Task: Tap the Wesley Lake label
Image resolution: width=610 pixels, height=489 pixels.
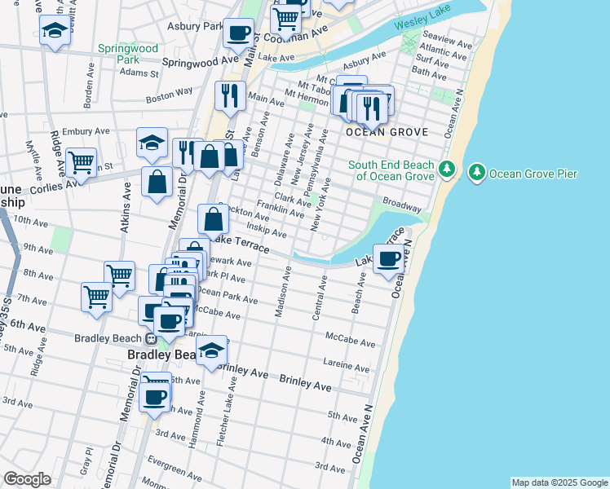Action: [422, 25]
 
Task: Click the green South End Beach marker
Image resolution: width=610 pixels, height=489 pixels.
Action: [447, 170]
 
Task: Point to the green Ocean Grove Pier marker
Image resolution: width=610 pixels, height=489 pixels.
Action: [476, 172]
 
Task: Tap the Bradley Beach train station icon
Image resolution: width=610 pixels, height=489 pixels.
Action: [151, 338]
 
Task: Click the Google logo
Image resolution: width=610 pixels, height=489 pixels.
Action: [27, 478]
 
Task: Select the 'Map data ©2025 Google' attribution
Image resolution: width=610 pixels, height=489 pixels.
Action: [559, 482]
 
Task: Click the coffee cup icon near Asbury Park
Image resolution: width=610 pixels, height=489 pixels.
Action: [238, 33]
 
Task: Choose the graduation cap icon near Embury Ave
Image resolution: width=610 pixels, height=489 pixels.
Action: [152, 143]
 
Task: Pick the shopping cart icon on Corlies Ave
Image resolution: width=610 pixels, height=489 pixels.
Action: [81, 162]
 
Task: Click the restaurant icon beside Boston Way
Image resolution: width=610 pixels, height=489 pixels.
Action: [231, 95]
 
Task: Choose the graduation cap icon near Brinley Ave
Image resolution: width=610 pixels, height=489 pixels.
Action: [212, 350]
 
